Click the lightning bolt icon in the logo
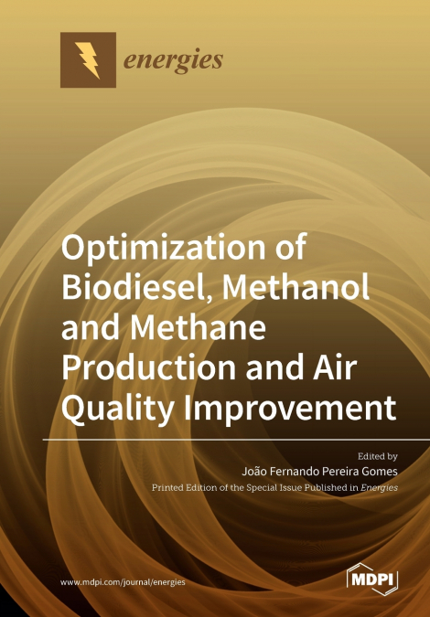89,60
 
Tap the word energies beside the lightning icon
173,61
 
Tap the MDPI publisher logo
371,579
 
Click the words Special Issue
264,488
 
